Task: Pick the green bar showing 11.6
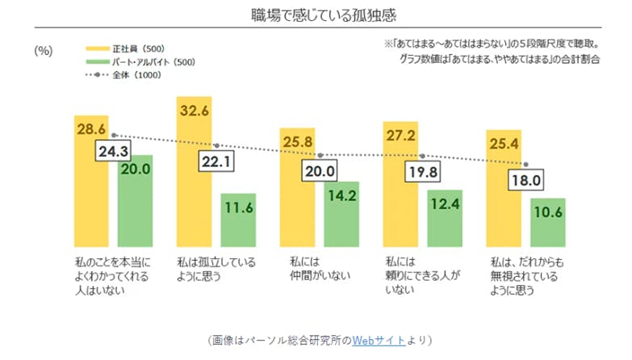click(x=238, y=219)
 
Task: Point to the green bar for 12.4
click(x=445, y=217)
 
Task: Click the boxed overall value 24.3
click(x=113, y=150)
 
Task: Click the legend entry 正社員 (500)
click(x=140, y=47)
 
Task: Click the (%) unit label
click(x=43, y=50)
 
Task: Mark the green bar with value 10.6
click(x=548, y=221)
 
